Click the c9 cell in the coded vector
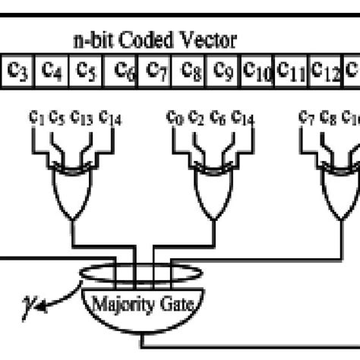click(x=223, y=70)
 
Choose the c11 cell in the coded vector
click(x=292, y=70)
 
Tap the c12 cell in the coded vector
click(x=326, y=70)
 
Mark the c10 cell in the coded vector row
click(x=257, y=70)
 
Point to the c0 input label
click(x=175, y=117)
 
